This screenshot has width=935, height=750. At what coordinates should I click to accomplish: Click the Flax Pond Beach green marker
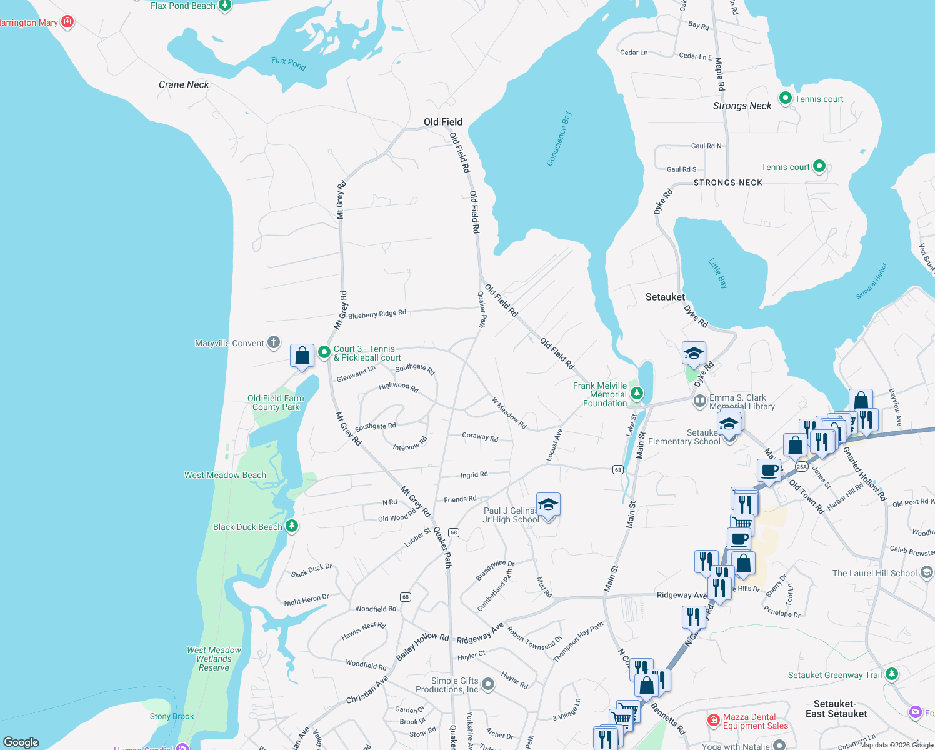[225, 5]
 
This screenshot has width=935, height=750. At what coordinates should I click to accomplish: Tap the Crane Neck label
[184, 84]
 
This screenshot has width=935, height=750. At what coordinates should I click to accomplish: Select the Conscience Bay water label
[559, 139]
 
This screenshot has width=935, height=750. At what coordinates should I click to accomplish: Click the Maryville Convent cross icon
[274, 342]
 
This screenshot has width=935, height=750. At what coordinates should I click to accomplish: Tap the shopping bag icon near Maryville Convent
[302, 356]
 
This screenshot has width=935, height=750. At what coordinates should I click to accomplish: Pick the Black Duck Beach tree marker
[292, 526]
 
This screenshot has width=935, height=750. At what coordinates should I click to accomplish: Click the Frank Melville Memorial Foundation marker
[636, 393]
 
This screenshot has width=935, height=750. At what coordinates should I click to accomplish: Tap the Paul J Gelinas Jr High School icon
[548, 505]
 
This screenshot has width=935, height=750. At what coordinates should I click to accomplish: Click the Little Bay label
[718, 273]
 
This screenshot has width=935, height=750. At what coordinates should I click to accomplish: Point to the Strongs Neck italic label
[742, 106]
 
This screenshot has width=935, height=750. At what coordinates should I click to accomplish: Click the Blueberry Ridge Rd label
[377, 314]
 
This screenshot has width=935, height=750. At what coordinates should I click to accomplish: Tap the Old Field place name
[443, 122]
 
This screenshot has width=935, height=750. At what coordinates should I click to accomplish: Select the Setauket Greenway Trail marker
[892, 674]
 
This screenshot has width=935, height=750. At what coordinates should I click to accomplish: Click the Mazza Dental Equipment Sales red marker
[713, 721]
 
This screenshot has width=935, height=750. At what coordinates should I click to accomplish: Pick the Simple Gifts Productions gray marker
[488, 684]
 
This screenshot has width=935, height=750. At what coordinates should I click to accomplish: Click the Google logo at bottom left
[21, 742]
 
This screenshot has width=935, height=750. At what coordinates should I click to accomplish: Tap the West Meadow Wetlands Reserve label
[214, 659]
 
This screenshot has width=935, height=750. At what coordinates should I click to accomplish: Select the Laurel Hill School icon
[926, 572]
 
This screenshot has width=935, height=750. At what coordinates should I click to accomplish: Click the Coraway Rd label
[480, 437]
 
